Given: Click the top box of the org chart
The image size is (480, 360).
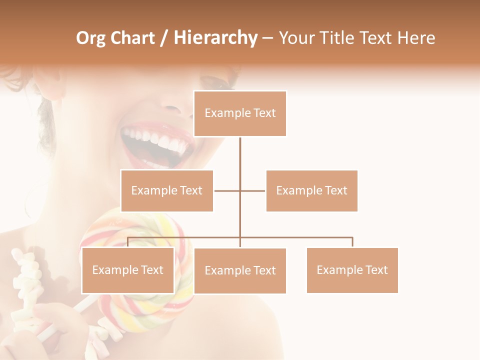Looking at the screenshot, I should (x=240, y=113).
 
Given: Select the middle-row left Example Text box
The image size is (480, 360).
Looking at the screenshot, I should (x=167, y=190).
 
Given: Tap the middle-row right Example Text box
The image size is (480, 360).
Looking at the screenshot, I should (x=311, y=190).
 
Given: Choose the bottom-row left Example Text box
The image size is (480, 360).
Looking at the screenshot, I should (x=128, y=270).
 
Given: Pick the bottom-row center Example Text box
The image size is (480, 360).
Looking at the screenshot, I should (x=240, y=270).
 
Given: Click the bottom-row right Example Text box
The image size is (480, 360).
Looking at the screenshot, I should (x=352, y=270).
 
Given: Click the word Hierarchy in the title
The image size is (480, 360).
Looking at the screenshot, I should (x=215, y=38).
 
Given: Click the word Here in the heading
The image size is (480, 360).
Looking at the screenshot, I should (x=416, y=38).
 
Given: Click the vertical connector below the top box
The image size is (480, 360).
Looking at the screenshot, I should (x=240, y=160).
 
